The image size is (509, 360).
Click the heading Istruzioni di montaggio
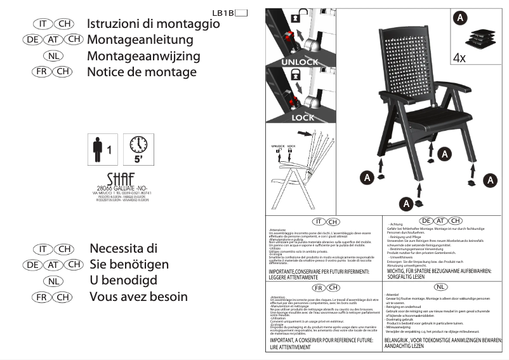click(153, 24)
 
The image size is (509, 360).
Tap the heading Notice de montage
click(142, 72)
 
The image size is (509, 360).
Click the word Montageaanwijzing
click(143, 56)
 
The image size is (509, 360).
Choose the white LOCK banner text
click(303, 117)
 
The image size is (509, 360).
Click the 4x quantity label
click(459, 58)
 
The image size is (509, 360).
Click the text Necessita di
click(123, 248)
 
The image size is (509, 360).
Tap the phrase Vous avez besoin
click(138, 297)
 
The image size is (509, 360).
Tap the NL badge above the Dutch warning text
click(442, 288)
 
